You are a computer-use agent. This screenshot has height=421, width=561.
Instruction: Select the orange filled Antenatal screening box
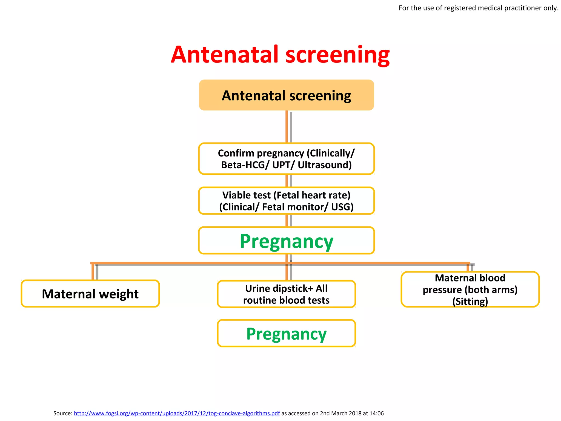(286, 95)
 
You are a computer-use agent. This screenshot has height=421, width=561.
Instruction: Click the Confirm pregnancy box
(286, 159)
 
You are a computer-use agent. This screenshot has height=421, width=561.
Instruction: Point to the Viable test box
(286, 201)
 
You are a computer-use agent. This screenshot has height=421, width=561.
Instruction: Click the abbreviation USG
(342, 207)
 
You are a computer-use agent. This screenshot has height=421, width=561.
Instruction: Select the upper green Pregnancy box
(286, 241)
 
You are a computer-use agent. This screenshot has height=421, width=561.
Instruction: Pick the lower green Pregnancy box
(286, 333)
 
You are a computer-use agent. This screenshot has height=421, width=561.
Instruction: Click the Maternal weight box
(90, 294)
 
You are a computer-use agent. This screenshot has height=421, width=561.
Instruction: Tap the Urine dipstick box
(286, 294)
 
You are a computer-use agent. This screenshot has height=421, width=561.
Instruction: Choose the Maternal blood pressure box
(470, 289)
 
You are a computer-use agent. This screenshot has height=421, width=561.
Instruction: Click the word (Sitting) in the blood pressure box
(470, 301)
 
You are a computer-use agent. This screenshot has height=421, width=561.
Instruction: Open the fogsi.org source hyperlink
(177, 413)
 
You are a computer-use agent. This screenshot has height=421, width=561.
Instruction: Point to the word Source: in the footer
(63, 413)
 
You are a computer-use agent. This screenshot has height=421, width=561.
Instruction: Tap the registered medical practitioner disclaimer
(478, 8)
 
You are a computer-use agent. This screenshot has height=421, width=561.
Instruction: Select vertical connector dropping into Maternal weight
(93, 272)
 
